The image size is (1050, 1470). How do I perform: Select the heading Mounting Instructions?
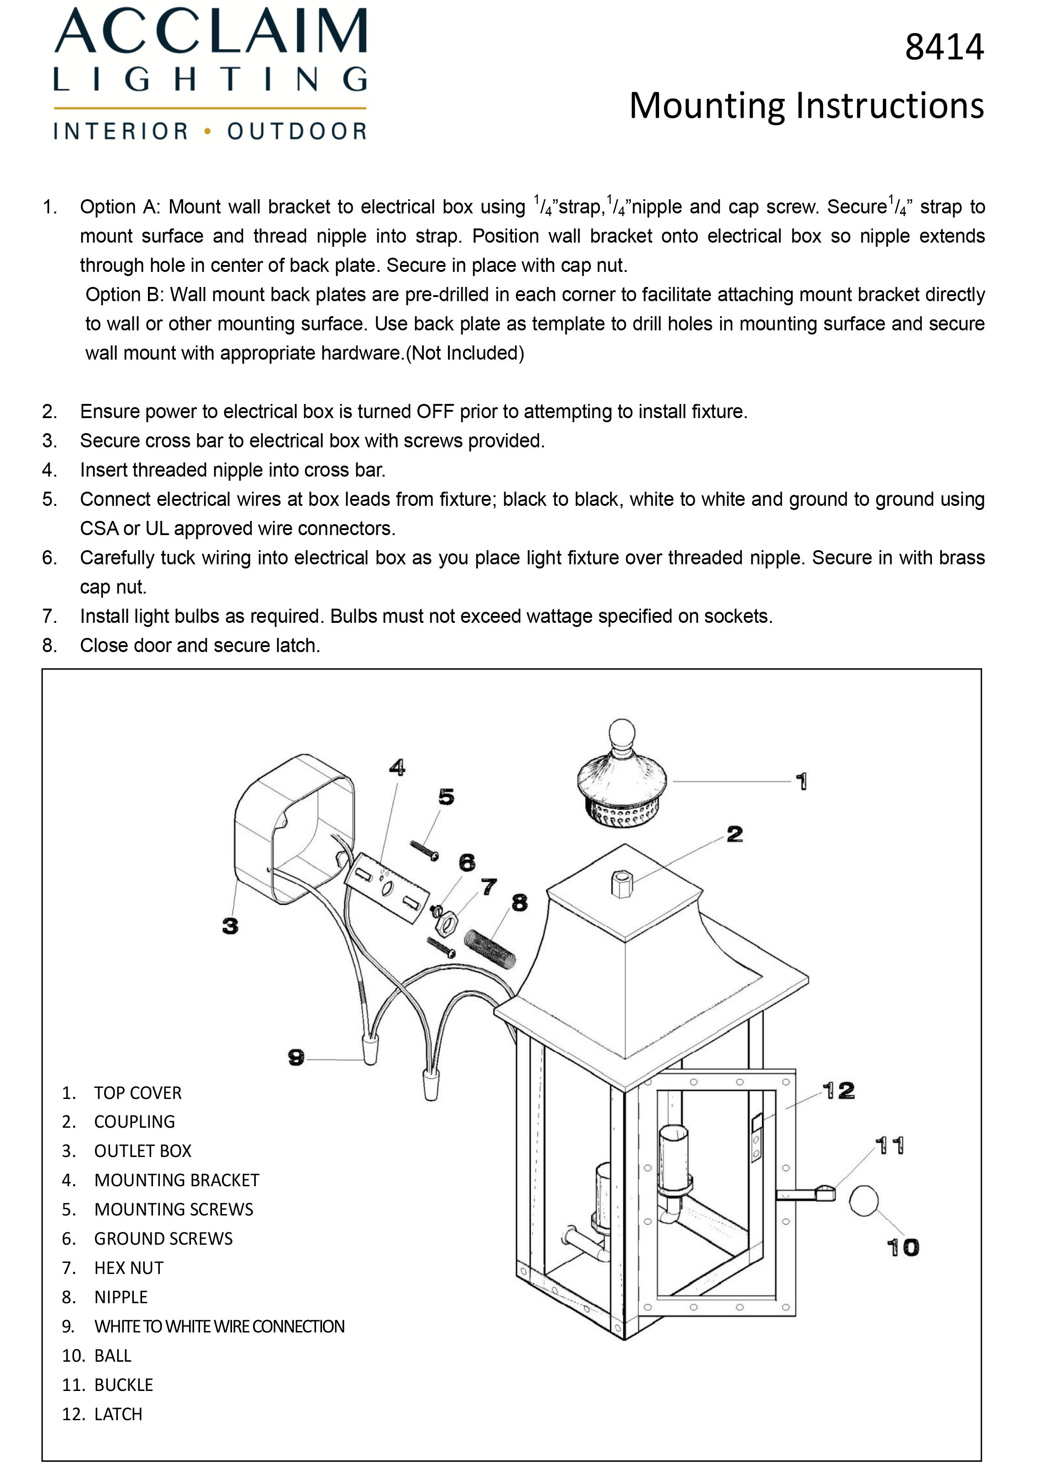pos(806,106)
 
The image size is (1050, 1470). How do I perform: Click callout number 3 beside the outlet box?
pos(230,926)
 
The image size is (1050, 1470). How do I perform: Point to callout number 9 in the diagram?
pos(296,1057)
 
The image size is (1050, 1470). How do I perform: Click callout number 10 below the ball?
pos(902,1247)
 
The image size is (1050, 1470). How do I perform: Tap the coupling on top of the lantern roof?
pos(621,884)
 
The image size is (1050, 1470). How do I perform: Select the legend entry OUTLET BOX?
pos(143,1151)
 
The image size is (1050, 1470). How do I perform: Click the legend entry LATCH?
pos(118,1414)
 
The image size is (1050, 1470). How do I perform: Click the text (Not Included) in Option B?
pos(465,353)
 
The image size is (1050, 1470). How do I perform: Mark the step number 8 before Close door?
pos(49,645)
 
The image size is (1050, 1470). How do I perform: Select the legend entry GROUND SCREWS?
pos(164,1238)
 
